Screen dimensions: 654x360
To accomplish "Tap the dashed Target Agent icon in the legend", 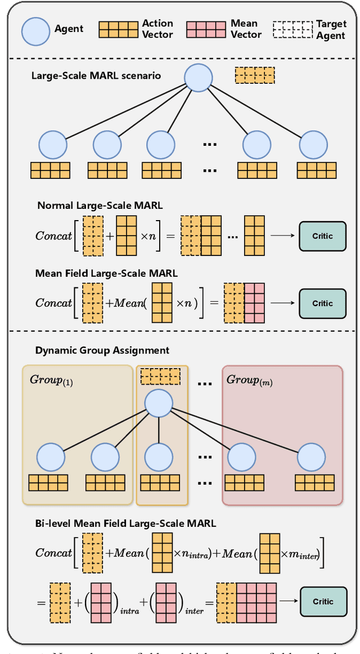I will pyautogui.click(x=292, y=30).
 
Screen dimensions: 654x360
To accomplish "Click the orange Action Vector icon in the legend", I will pyautogui.click(x=118, y=30).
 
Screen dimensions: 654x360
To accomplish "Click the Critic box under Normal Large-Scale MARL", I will pyautogui.click(x=323, y=236).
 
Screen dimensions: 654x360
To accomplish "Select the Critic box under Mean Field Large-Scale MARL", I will pyautogui.click(x=323, y=303).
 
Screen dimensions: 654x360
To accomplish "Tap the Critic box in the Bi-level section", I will pyautogui.click(x=323, y=602).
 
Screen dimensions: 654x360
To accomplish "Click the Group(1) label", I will pyautogui.click(x=51, y=380).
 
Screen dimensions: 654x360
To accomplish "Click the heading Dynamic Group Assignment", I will pyautogui.click(x=102, y=350).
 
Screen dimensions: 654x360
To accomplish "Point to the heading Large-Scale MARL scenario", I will pyautogui.click(x=96, y=75).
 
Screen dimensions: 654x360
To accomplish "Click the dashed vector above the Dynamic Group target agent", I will pyautogui.click(x=160, y=376).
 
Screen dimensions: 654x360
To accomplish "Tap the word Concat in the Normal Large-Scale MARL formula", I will pyautogui.click(x=53, y=236).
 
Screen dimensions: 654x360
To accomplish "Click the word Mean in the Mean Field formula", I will pyautogui.click(x=129, y=303).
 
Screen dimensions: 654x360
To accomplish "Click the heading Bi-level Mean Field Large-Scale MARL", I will pyautogui.click(x=125, y=523).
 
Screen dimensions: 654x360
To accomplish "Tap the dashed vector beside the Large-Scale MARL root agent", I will pyautogui.click(x=254, y=75).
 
